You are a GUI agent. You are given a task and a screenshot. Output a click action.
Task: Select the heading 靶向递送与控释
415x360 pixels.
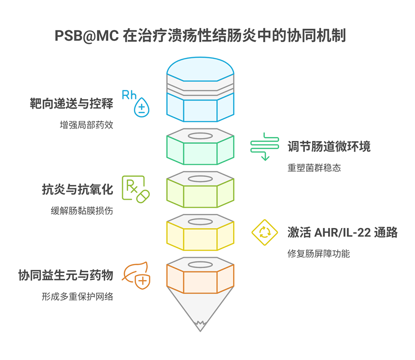tap(71, 104)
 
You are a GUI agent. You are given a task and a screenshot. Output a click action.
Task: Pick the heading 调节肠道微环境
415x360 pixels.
tap(329, 147)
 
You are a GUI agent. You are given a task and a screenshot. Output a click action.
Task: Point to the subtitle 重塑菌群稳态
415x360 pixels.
tap(314, 167)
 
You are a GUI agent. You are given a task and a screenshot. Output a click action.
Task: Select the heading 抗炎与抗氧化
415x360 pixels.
tap(77, 189)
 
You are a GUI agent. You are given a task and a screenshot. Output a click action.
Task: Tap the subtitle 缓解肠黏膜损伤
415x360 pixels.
tap(82, 210)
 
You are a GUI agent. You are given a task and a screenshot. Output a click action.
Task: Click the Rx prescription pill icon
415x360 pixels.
tap(136, 189)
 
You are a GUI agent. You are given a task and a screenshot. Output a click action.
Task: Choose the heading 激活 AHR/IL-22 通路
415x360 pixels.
tap(342, 232)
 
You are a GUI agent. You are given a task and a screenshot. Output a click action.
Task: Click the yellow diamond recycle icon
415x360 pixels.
tap(265, 232)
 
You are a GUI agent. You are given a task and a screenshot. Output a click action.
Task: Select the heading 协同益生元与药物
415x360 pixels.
tap(66, 275)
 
